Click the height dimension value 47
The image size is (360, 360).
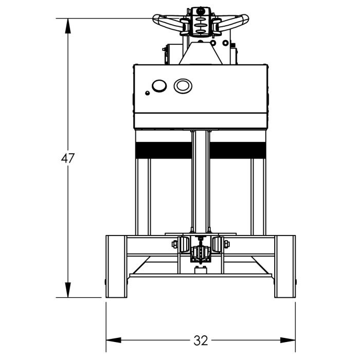[x=68, y=158]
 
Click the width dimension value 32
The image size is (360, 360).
[x=201, y=340]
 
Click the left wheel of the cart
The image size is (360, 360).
[x=116, y=266]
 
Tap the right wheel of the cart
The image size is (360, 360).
[x=285, y=266]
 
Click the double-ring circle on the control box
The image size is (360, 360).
[x=183, y=85]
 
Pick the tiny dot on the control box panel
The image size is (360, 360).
[x=148, y=93]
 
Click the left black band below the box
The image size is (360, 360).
[x=163, y=150]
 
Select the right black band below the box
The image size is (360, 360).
[x=238, y=150]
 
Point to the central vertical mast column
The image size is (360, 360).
[x=201, y=180]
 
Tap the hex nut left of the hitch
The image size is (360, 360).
[x=175, y=244]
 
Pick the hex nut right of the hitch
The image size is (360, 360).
[x=226, y=244]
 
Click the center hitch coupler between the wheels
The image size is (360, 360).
[x=201, y=253]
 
